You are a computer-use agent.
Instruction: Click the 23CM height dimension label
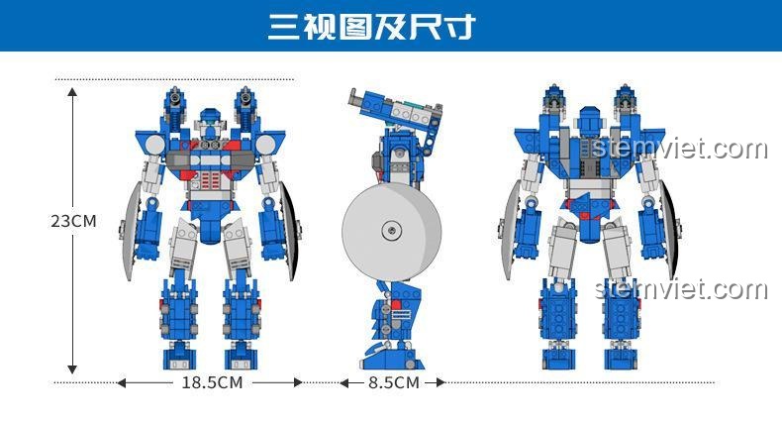coord(74,221)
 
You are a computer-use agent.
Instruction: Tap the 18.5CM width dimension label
coord(212,382)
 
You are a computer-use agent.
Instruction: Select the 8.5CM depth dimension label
coord(394,382)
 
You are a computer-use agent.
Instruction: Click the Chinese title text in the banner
coord(371,27)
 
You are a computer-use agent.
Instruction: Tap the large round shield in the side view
coord(392,231)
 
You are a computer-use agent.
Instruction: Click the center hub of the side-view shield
coord(392,231)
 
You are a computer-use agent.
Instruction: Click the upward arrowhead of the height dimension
coord(73,93)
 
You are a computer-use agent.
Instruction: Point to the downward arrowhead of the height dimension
coord(73,369)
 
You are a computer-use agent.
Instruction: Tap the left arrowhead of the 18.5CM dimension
coord(121,382)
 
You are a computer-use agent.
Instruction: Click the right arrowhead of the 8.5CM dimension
coord(440,382)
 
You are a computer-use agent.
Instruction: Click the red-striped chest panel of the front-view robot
coord(211,179)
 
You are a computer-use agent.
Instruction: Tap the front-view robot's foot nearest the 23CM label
coord(179,357)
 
